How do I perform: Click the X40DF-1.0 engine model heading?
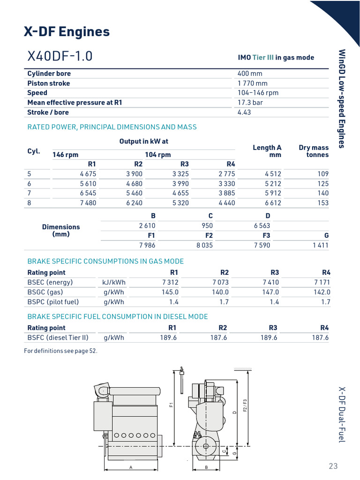tap(60, 56)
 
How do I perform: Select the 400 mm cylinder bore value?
tap(250, 74)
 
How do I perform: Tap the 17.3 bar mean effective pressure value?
tap(250, 103)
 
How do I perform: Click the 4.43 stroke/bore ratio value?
tap(245, 112)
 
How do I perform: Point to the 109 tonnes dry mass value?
tap(323, 174)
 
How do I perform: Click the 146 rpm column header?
tap(65, 155)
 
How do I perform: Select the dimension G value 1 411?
tap(321, 245)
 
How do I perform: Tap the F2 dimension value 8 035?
tap(204, 245)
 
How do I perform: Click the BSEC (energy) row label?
tap(50, 282)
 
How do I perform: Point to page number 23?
tap(333, 466)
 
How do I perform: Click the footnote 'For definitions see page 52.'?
tap(61, 351)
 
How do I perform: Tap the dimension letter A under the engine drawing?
tap(130, 468)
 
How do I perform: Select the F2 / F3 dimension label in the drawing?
tap(244, 405)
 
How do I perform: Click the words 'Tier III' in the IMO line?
tap(262, 58)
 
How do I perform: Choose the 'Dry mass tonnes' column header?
tap(314, 151)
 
